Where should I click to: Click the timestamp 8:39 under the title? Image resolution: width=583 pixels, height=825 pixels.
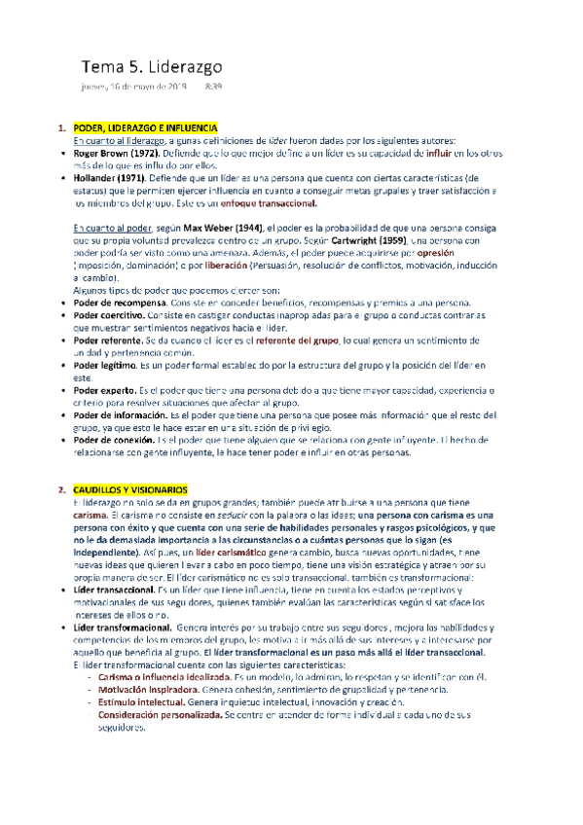[x=213, y=88]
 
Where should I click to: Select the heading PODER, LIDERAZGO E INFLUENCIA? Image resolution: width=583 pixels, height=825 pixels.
[x=146, y=128]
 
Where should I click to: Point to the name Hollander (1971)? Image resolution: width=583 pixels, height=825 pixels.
[x=108, y=178]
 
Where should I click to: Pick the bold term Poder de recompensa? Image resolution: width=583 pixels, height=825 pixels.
[x=122, y=302]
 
